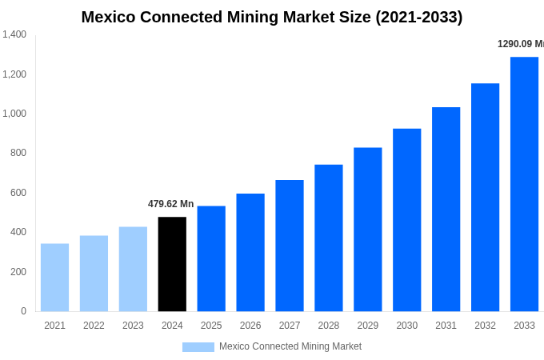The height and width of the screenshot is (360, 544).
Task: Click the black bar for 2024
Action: tap(172, 264)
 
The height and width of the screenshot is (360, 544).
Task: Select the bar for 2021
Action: tap(54, 277)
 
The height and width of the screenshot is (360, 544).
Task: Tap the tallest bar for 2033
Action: tap(524, 184)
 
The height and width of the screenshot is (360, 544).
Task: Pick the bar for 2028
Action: tap(329, 238)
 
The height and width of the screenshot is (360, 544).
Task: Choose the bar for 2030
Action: tap(406, 220)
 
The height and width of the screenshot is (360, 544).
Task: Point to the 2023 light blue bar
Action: tap(133, 269)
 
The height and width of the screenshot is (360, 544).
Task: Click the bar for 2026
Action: tap(250, 252)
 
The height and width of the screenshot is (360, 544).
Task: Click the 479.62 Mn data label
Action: tap(170, 204)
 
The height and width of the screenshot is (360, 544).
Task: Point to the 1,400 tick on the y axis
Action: tap(14, 34)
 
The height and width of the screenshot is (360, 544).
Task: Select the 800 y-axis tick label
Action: tap(18, 153)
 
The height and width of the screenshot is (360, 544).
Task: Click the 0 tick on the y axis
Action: tap(23, 311)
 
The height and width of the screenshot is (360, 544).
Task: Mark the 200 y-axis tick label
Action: tap(18, 272)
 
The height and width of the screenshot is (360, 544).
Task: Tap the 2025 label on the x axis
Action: tap(211, 326)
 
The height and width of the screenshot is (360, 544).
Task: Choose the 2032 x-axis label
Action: tap(485, 326)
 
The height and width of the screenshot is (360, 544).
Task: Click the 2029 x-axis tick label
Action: tap(368, 326)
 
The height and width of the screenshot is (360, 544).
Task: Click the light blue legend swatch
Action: tap(198, 347)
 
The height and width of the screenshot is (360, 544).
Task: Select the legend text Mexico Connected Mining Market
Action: tap(290, 346)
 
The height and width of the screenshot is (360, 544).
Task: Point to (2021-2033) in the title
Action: tap(418, 17)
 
